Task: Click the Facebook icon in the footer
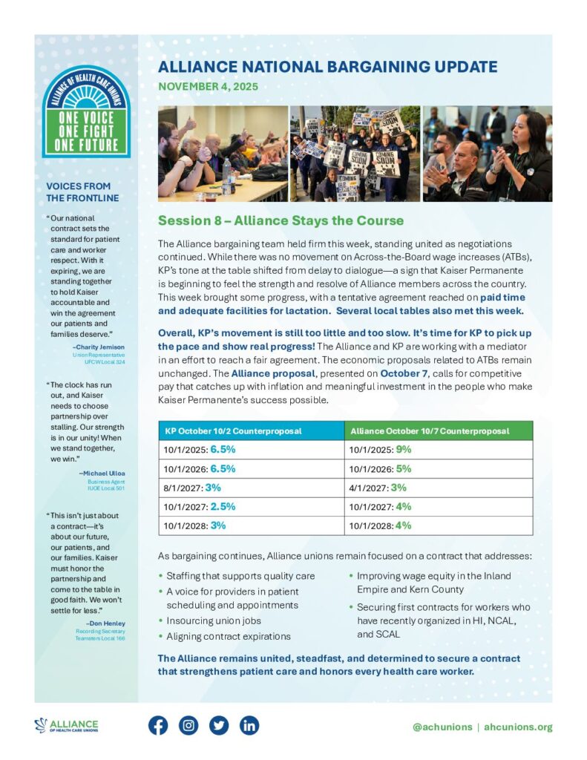pos(158,725)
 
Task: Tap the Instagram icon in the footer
pos(188,725)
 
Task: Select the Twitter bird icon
pos(219,725)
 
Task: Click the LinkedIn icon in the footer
pos(249,725)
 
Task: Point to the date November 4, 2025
pos(208,87)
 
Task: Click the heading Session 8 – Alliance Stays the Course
pos(281,220)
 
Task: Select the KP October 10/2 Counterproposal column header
pos(229,430)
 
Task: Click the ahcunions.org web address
pos(518,727)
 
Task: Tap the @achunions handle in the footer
pos(442,727)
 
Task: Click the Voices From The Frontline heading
pos(78,191)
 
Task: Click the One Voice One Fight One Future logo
pos(86,110)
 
